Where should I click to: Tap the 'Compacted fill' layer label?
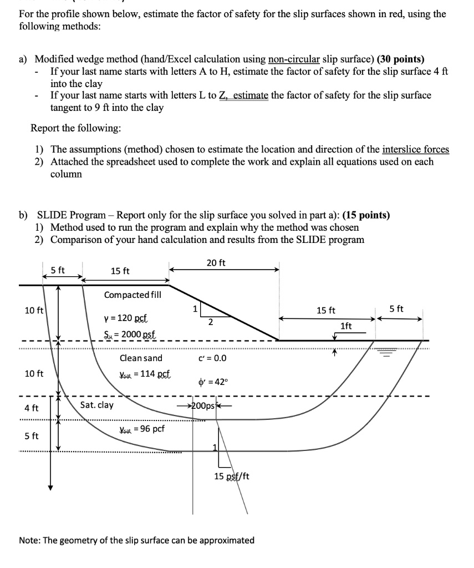(x=132, y=295)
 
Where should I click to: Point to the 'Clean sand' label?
(x=141, y=358)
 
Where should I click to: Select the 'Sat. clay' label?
(x=97, y=405)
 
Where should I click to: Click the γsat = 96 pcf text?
(x=141, y=429)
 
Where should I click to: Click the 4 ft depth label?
(x=32, y=408)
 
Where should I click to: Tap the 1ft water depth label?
(x=346, y=326)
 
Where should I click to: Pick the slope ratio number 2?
(x=209, y=322)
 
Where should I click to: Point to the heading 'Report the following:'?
(x=75, y=128)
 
